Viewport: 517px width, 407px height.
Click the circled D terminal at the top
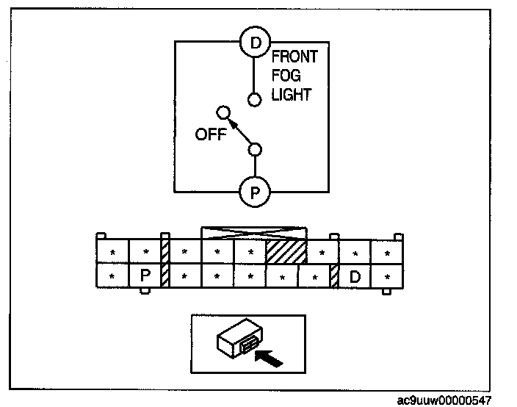pyautogui.click(x=255, y=43)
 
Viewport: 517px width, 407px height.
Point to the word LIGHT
pyautogui.click(x=291, y=95)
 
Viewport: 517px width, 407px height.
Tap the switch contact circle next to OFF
pyautogui.click(x=224, y=112)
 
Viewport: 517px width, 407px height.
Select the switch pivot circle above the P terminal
pyautogui.click(x=255, y=150)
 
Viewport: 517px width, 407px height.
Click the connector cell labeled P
pyautogui.click(x=145, y=277)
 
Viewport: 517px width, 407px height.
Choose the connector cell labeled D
pyautogui.click(x=355, y=277)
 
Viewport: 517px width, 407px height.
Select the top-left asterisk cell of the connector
pyautogui.click(x=112, y=252)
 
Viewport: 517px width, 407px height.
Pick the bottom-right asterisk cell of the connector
pyautogui.click(x=387, y=277)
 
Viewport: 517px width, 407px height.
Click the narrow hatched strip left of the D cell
pyautogui.click(x=334, y=277)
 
